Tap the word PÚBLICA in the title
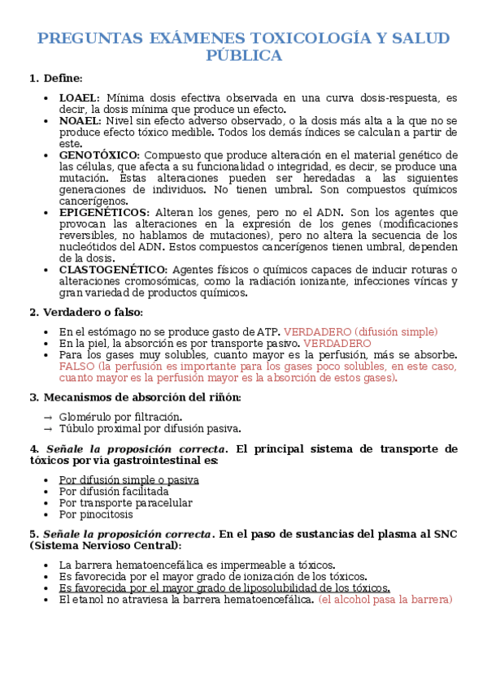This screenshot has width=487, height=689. [x=244, y=55]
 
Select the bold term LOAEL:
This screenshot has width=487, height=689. [x=80, y=97]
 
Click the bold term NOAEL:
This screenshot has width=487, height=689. [x=80, y=120]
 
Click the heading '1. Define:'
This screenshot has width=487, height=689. [x=56, y=78]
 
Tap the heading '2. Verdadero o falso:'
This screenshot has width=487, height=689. [x=85, y=312]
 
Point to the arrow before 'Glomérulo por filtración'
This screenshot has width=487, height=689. [x=47, y=417]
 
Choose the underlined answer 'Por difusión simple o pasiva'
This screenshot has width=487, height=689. [x=128, y=480]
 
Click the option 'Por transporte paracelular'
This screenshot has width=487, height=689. [x=125, y=503]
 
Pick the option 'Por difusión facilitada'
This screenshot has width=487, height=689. [x=114, y=492]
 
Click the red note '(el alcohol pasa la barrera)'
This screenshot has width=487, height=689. [x=385, y=600]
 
